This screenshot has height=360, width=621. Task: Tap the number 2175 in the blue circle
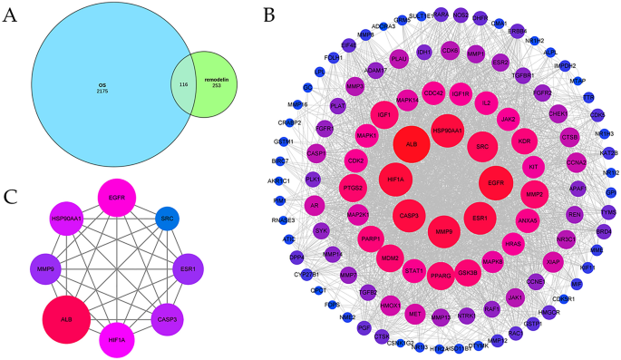click(102, 92)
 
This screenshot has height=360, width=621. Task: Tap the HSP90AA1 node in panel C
click(66, 219)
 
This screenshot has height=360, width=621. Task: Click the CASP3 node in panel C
click(167, 319)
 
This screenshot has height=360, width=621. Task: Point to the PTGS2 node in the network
click(354, 188)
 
